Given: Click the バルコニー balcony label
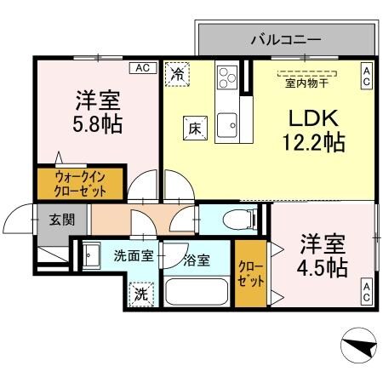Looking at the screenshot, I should (x=285, y=39).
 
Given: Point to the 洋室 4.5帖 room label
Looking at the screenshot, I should (x=322, y=255).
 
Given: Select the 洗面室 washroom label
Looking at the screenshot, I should (x=134, y=254).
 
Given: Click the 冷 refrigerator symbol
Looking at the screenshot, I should (x=177, y=75).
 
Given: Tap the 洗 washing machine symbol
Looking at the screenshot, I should (x=140, y=294).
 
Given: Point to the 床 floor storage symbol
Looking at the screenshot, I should (x=193, y=129).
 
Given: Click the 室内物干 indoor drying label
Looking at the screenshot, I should (x=306, y=82).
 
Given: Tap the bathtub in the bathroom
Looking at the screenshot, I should (x=198, y=294).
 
